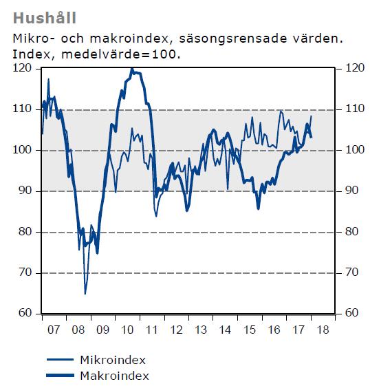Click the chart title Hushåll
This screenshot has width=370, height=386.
(45, 18)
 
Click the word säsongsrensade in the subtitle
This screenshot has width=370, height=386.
(233, 39)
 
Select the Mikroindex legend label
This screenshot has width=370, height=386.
(113, 360)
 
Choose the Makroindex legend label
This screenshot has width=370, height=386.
(115, 376)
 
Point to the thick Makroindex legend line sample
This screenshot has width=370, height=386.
(61, 376)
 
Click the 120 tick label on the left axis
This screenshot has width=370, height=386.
(22, 68)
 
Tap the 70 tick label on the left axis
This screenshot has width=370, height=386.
(25, 272)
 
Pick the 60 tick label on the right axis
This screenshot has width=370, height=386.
(351, 312)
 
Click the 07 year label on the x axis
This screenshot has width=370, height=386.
(54, 330)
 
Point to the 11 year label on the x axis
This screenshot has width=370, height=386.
(152, 330)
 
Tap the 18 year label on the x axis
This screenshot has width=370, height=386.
(323, 330)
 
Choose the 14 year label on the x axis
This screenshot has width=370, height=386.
(225, 330)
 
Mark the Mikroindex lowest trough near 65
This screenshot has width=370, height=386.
(85, 294)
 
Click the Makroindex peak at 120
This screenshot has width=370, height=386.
(132, 69)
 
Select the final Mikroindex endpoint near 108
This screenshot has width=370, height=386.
(312, 116)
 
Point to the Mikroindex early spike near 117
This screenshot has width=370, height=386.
(48, 79)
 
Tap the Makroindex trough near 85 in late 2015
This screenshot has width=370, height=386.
(259, 208)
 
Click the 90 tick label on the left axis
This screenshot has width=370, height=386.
(25, 191)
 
